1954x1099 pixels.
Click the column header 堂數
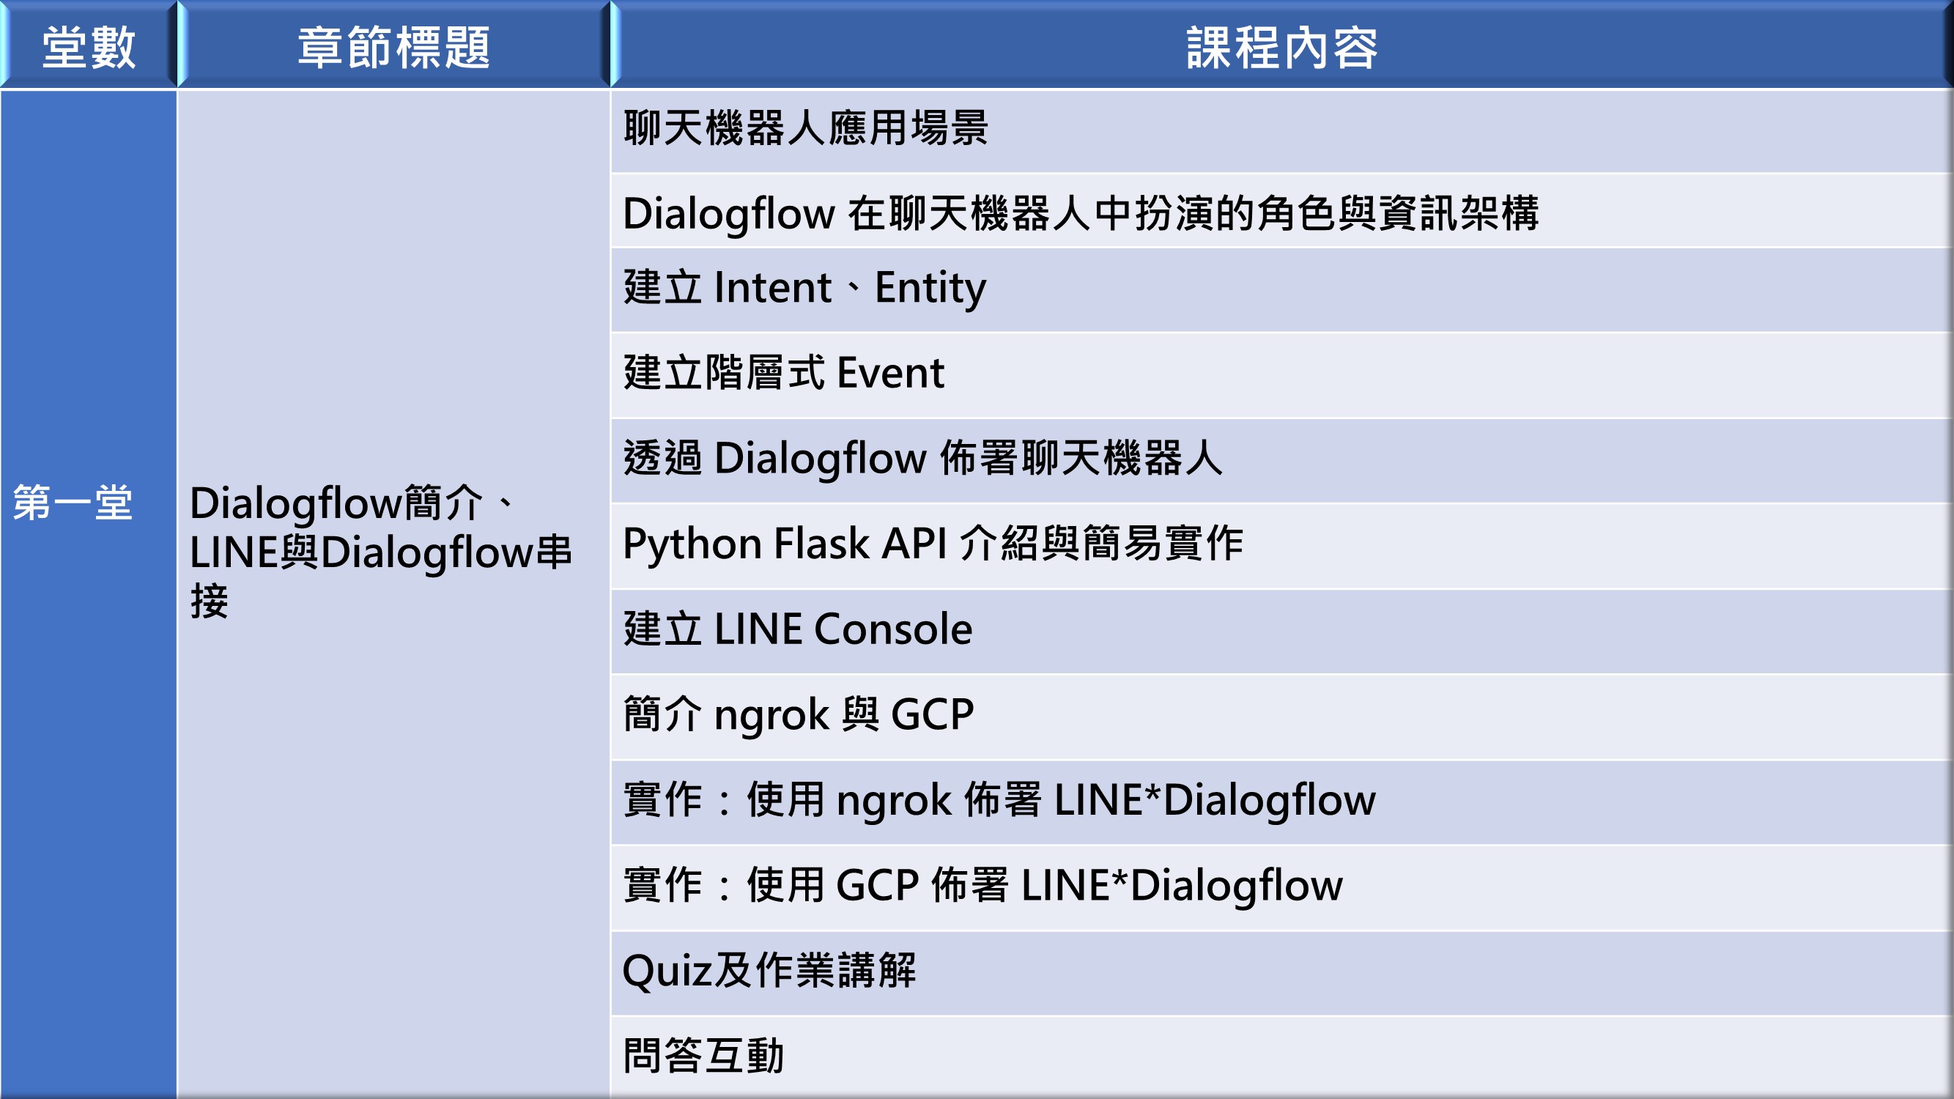point(89,47)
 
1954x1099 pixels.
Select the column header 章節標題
point(393,47)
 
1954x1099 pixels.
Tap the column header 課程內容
point(1282,47)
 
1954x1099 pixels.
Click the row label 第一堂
point(73,502)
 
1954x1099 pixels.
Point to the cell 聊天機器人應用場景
point(806,127)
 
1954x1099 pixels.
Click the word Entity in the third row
point(930,288)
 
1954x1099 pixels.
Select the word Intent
point(773,287)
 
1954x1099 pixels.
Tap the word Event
point(890,373)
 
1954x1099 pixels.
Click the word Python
point(692,544)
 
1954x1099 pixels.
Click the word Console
point(893,629)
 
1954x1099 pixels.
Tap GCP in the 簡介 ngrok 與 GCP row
point(932,714)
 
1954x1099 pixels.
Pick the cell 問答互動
point(704,1056)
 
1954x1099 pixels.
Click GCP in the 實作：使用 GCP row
point(878,885)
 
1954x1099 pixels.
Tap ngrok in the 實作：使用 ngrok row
point(894,801)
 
